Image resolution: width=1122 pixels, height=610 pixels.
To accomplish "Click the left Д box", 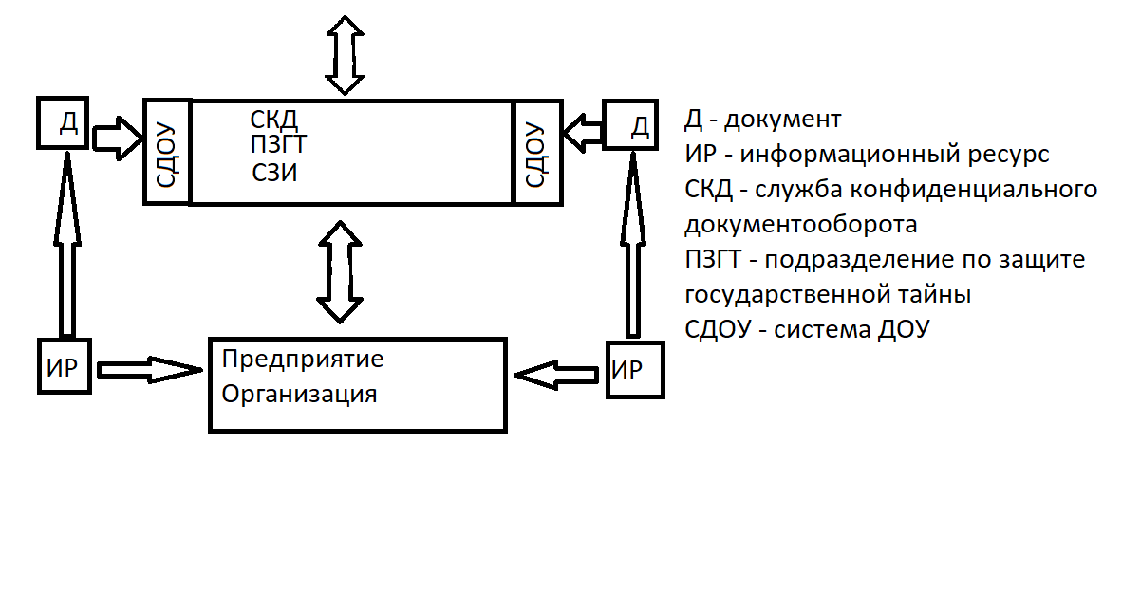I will (65, 122).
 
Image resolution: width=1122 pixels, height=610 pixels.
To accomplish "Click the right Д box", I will (630, 124).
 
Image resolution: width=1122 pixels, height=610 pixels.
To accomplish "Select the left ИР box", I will (65, 364).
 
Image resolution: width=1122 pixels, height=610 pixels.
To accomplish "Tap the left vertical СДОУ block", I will (167, 151).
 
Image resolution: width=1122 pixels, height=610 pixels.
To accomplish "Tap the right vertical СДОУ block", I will (536, 151).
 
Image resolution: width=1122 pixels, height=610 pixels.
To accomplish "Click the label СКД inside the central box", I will (274, 120).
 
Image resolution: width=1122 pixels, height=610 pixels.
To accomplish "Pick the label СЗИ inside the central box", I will (275, 173).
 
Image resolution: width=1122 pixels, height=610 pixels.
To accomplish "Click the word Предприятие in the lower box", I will (302, 360).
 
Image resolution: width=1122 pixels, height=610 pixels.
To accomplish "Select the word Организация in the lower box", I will (299, 394).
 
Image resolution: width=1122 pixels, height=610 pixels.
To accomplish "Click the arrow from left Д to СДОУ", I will (117, 135).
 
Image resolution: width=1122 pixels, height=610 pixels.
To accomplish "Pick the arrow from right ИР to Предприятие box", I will (557, 377).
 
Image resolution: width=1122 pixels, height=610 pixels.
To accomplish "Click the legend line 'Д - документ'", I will (762, 120).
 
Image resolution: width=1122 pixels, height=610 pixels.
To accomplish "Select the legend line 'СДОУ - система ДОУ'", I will (807, 329).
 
